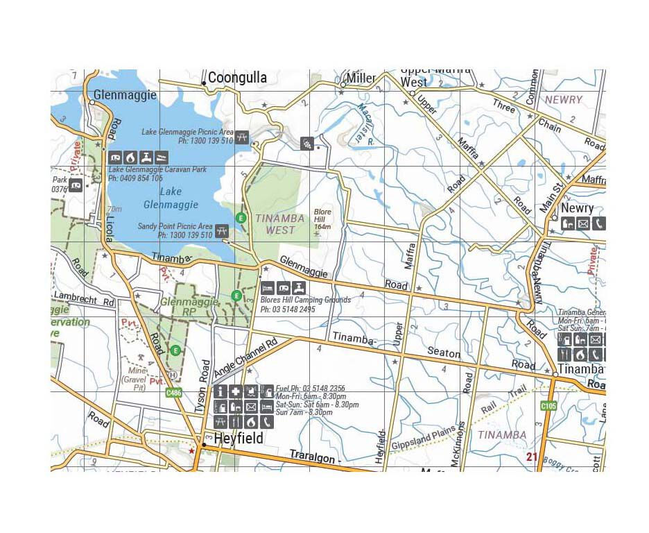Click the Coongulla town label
237,78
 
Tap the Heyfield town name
238,439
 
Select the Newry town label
577,208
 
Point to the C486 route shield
175,393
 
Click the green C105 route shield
549,405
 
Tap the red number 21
532,456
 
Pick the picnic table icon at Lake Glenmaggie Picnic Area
242,137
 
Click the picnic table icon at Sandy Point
222,230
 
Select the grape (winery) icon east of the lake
306,144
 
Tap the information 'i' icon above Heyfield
221,392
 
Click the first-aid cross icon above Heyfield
236,392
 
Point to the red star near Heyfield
191,450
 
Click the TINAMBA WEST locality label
280,223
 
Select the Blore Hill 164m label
322,219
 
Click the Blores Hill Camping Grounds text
305,300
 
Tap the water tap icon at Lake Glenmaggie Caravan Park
146,157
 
